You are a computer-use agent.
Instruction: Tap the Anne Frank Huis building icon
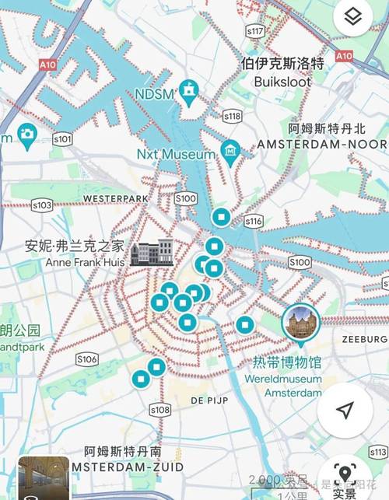point(152,253)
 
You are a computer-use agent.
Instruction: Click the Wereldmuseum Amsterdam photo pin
point(300,324)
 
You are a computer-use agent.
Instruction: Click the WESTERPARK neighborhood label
point(115,198)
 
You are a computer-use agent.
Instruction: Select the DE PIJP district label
point(209,400)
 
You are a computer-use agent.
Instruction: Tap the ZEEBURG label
point(364,340)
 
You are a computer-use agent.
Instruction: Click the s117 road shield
point(255,32)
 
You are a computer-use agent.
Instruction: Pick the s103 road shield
point(42,205)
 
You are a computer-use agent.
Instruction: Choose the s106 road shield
point(87,358)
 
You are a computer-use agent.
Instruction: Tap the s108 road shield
point(159,410)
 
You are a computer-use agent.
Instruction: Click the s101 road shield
point(62,140)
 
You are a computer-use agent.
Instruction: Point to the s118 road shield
point(232,116)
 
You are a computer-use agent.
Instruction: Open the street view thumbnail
point(44,477)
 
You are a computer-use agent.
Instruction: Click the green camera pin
point(26,135)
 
